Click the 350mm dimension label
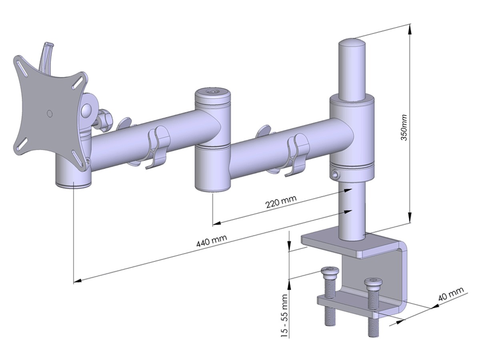pyautogui.click(x=404, y=128)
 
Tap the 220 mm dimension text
pyautogui.click(x=281, y=202)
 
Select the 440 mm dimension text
pyautogui.click(x=212, y=240)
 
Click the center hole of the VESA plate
pyautogui.click(x=50, y=113)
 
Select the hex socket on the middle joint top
pyautogui.click(x=212, y=92)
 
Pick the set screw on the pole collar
pyautogui.click(x=334, y=174)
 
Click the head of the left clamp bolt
pyautogui.click(x=330, y=271)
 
